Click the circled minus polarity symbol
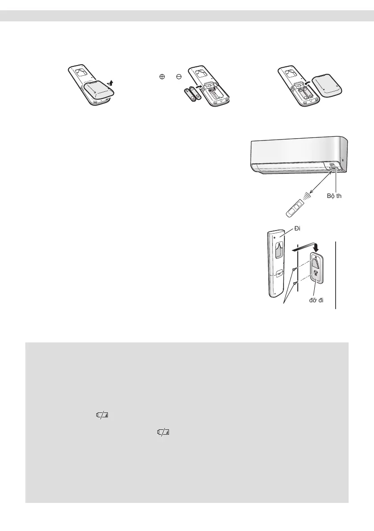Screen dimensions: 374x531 coord(178,77)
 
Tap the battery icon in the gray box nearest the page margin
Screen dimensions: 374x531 coord(103,415)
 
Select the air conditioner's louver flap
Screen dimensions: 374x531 coord(290,168)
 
